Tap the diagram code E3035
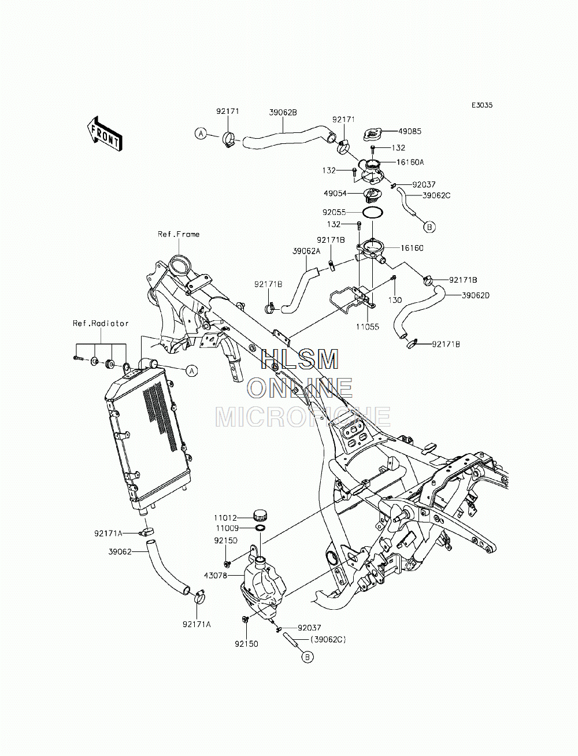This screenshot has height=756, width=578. (482, 105)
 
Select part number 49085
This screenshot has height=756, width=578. (410, 131)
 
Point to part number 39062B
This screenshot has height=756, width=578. (283, 112)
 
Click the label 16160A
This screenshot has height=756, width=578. (410, 162)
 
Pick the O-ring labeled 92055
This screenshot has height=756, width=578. (372, 212)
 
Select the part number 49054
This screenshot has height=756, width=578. (335, 194)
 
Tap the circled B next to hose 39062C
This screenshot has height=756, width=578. (429, 227)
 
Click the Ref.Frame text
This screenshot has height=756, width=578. (179, 234)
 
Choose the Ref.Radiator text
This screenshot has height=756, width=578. (101, 324)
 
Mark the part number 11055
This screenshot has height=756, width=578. (368, 327)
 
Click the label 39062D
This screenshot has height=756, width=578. (476, 295)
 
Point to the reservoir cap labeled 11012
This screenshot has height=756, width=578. (261, 516)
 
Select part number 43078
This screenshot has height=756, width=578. (216, 575)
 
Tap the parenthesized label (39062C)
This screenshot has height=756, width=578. (328, 640)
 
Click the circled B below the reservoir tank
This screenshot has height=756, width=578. (307, 657)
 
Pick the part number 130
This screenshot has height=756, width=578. (395, 300)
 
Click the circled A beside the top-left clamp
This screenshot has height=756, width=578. (201, 134)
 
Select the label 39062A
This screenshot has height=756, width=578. (306, 251)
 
